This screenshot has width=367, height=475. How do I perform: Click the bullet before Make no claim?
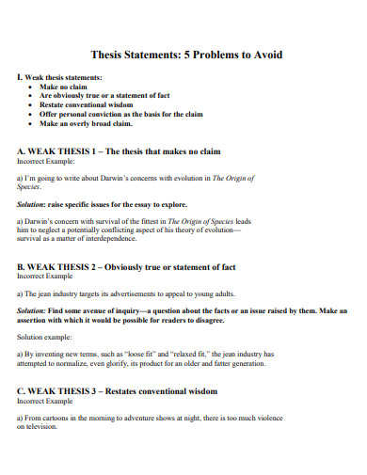coord(32,87)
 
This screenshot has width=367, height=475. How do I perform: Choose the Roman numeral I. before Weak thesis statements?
coord(20,77)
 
